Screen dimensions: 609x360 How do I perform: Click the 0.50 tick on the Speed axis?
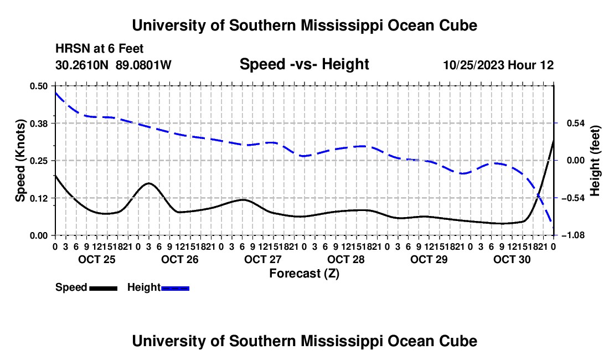click(x=39, y=86)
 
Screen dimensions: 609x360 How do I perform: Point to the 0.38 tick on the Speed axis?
click(x=39, y=124)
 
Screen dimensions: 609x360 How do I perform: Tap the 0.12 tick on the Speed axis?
click(x=39, y=198)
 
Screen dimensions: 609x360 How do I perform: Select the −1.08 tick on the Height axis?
click(x=572, y=235)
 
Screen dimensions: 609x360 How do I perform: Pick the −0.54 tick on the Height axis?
click(x=572, y=198)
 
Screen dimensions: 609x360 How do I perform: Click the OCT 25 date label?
click(x=97, y=259)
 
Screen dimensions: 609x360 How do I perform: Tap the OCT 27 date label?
click(x=263, y=259)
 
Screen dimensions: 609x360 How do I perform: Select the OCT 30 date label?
click(x=512, y=259)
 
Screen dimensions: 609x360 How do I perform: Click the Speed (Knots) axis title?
click(x=20, y=161)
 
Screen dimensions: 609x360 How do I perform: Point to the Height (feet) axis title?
click(x=595, y=161)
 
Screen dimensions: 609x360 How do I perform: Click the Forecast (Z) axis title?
click(x=304, y=274)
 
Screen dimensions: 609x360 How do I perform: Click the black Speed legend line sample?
click(x=104, y=289)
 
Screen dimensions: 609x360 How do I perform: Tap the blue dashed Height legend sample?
click(x=175, y=289)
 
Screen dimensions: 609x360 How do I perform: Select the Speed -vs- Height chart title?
click(x=304, y=64)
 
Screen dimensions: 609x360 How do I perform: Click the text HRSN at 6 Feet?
click(x=100, y=49)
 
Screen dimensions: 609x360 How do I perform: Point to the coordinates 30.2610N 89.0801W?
click(x=113, y=65)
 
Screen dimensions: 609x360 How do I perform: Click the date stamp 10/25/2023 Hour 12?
click(x=498, y=65)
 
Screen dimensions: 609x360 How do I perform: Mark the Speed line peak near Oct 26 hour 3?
click(x=149, y=183)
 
